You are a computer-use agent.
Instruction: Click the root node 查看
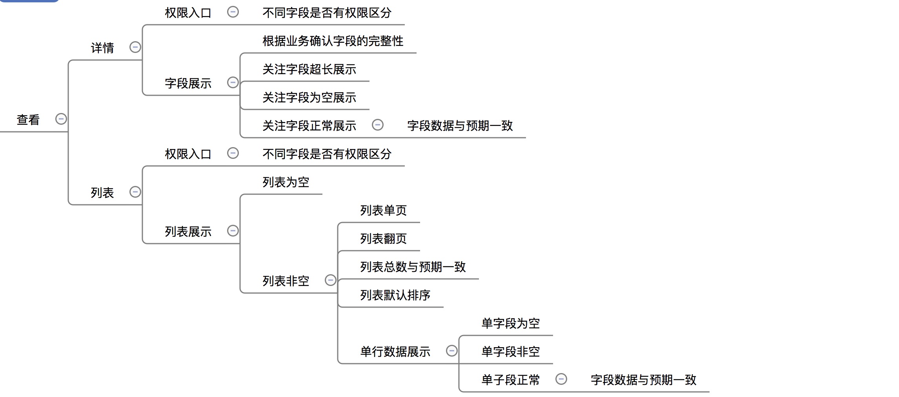28,120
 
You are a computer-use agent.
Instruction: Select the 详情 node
102,48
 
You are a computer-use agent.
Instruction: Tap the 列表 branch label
102,193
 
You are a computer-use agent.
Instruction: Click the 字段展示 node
188,83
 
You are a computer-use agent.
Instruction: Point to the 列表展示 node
188,231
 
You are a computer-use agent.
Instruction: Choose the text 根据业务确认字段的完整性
333,41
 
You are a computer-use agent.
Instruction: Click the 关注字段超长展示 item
309,69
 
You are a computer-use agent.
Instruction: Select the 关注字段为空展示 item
309,97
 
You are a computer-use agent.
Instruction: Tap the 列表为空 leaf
286,182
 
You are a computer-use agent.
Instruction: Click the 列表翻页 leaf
383,239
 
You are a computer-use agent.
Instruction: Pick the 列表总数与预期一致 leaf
413,267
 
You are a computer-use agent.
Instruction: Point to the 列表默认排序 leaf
395,295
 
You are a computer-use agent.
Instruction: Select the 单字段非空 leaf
510,351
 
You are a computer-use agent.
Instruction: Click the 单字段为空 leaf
510,323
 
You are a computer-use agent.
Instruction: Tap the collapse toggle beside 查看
61,119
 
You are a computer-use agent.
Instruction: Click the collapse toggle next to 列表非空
331,280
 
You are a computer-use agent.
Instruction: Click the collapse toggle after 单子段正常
561,379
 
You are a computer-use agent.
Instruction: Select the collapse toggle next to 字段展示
233,82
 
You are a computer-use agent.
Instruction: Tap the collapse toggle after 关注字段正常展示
378,125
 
